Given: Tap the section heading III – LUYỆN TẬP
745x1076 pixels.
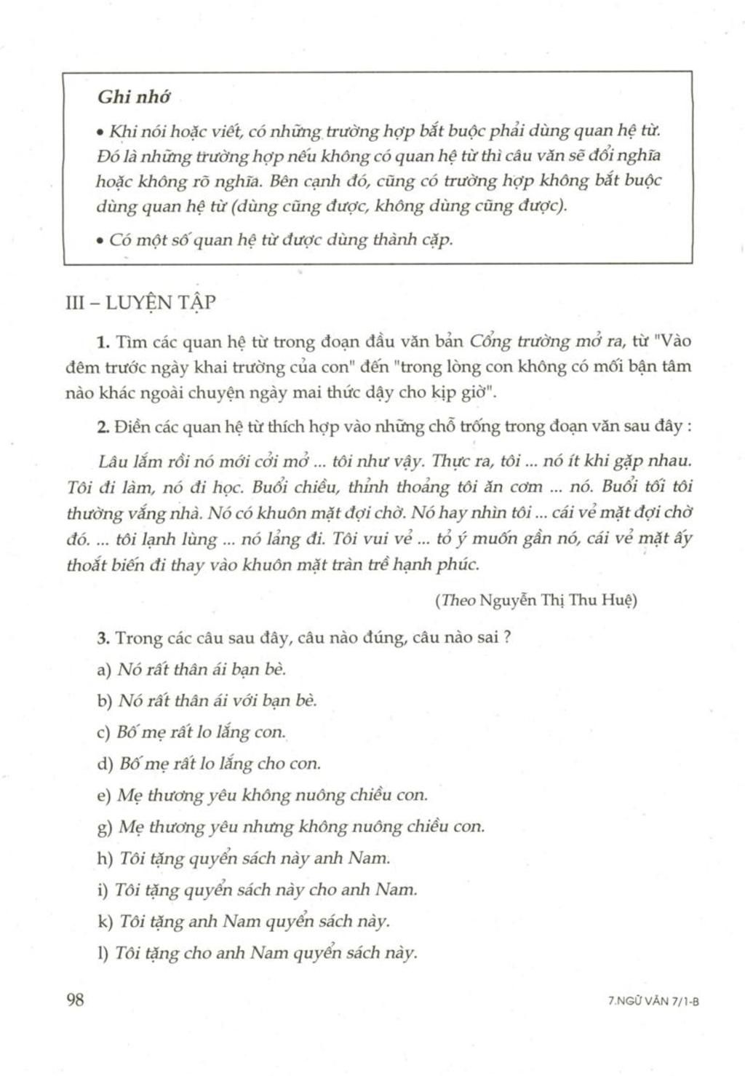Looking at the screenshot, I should (140, 304).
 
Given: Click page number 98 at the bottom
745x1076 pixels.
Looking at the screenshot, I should (76, 1000).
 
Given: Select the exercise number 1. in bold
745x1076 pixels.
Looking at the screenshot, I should (103, 341).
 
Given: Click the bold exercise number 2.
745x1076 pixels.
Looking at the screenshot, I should (103, 427).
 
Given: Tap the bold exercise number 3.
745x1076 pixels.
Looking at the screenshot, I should (103, 638).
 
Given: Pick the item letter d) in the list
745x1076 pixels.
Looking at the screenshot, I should (103, 764).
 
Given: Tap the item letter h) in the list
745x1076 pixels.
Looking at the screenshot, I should (104, 858).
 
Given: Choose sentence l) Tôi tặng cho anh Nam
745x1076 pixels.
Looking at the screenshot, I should (266, 953).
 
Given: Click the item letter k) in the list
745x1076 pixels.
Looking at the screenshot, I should (104, 922).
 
